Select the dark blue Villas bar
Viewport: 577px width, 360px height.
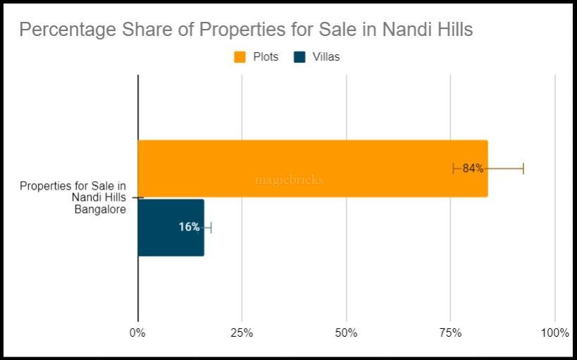click(x=170, y=228)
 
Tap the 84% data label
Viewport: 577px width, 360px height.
click(x=473, y=168)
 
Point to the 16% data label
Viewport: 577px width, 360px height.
click(x=189, y=228)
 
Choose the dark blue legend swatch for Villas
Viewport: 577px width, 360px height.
click(x=299, y=57)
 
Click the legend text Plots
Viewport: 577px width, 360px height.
click(x=266, y=57)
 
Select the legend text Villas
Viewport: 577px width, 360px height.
click(x=325, y=57)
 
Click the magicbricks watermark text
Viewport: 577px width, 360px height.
click(x=289, y=180)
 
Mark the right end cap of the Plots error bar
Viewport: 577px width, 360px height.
click(x=523, y=168)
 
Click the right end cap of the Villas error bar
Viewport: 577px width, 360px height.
click(x=211, y=228)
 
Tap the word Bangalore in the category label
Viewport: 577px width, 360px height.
click(x=100, y=209)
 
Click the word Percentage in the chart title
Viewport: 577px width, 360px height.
click(x=62, y=30)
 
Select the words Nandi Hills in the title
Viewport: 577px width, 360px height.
click(x=428, y=30)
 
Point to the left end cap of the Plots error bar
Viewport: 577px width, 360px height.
click(x=453, y=168)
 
